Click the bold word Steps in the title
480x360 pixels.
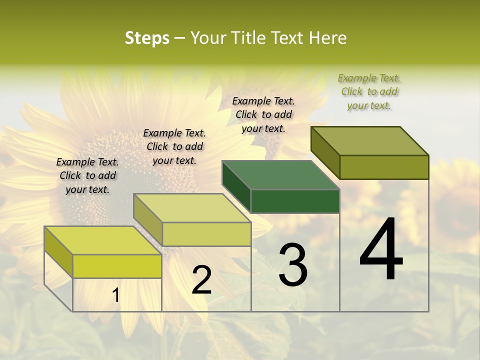pos(147,38)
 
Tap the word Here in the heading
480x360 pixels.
pos(327,38)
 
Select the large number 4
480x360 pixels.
pos(381,250)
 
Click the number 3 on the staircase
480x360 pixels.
pos(292,265)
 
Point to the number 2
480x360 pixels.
pos(201,280)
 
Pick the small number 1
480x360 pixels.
pos(115,295)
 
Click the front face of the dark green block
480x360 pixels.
pos(295,201)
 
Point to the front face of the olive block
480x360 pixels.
pos(384,167)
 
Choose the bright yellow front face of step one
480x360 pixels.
pos(117,266)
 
